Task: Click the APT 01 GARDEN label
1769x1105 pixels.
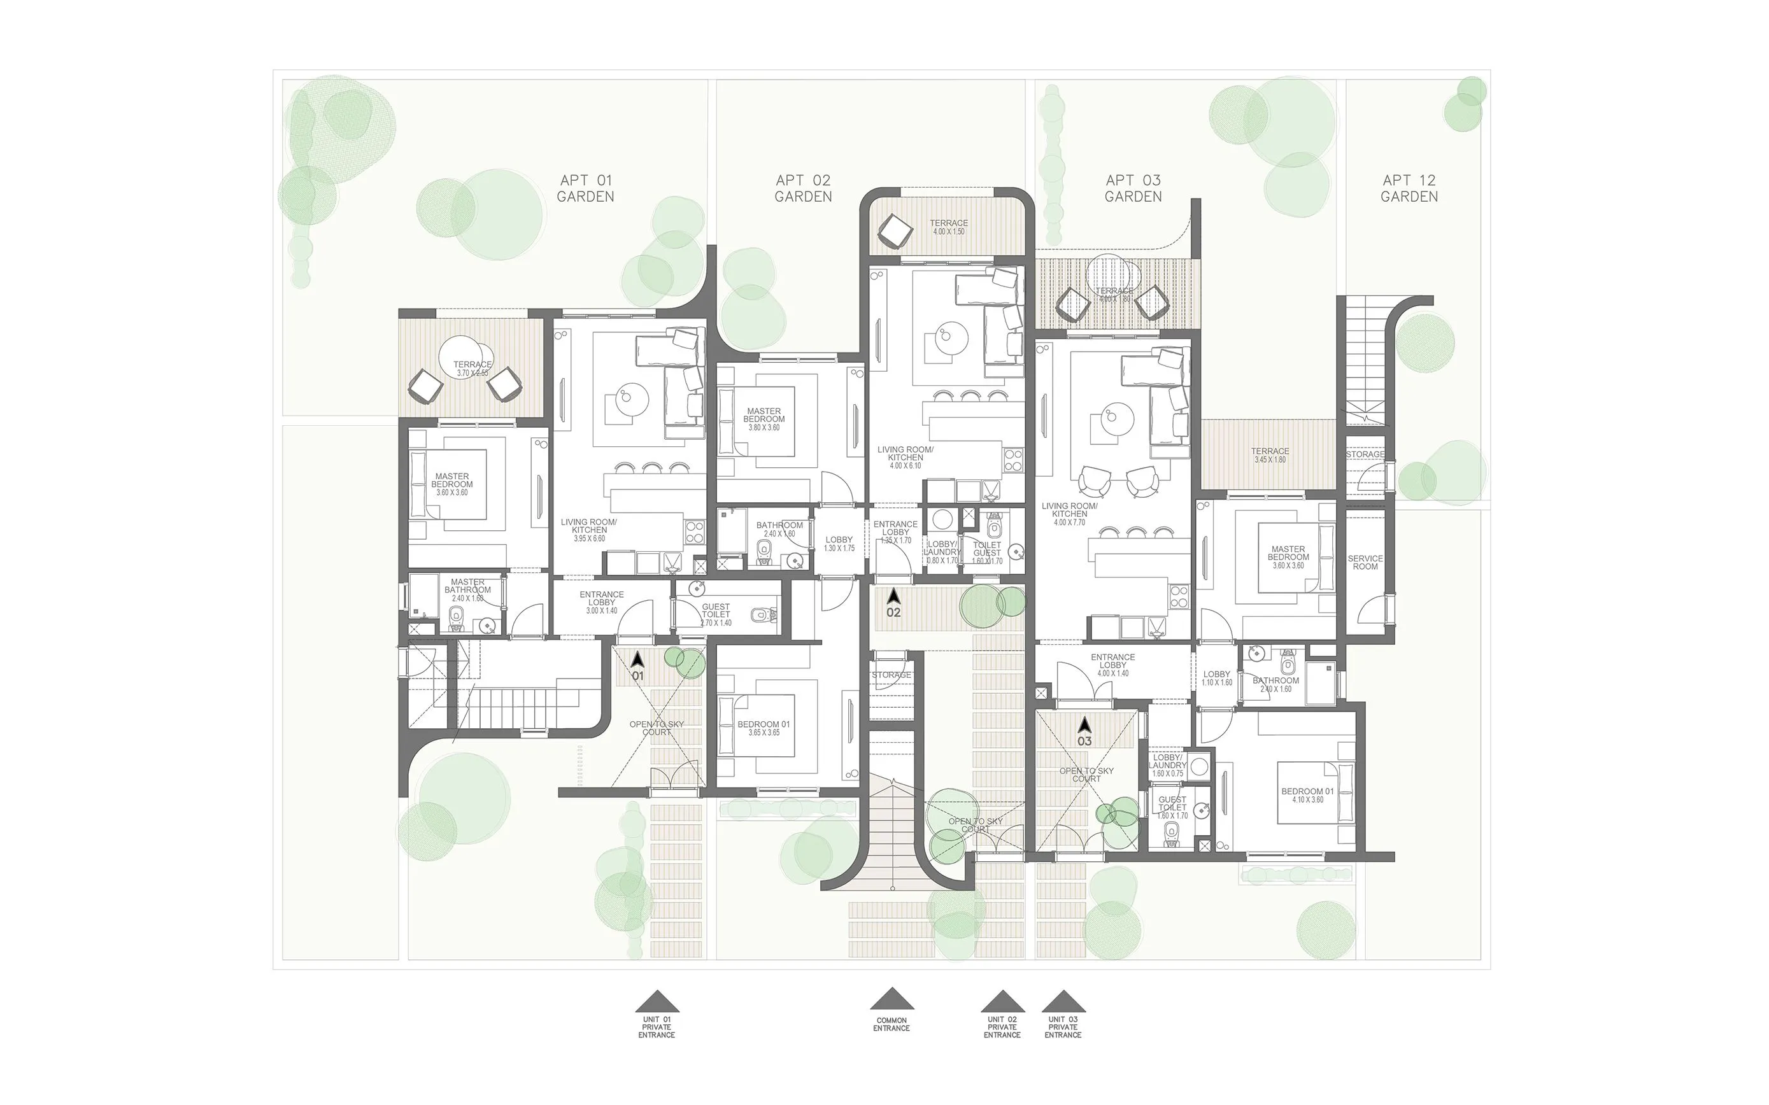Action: click(585, 188)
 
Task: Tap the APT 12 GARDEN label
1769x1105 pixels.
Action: click(1409, 188)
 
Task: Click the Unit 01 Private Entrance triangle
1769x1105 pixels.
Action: click(657, 1001)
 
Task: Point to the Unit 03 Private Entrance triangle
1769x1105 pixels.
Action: click(1063, 1001)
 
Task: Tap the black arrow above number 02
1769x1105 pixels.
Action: click(893, 596)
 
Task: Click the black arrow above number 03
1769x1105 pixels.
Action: click(1085, 724)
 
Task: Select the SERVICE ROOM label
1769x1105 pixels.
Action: click(1365, 563)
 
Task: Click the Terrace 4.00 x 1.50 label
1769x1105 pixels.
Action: click(948, 227)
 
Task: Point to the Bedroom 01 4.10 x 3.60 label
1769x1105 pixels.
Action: click(1307, 795)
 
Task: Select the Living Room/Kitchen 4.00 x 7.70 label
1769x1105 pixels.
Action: click(1069, 514)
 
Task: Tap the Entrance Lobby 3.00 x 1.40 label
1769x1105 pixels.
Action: click(602, 602)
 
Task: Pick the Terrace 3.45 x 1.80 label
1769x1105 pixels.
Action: click(1270, 455)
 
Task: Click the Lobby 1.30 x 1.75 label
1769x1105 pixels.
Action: click(839, 544)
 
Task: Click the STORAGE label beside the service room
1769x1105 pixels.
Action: click(1365, 454)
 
